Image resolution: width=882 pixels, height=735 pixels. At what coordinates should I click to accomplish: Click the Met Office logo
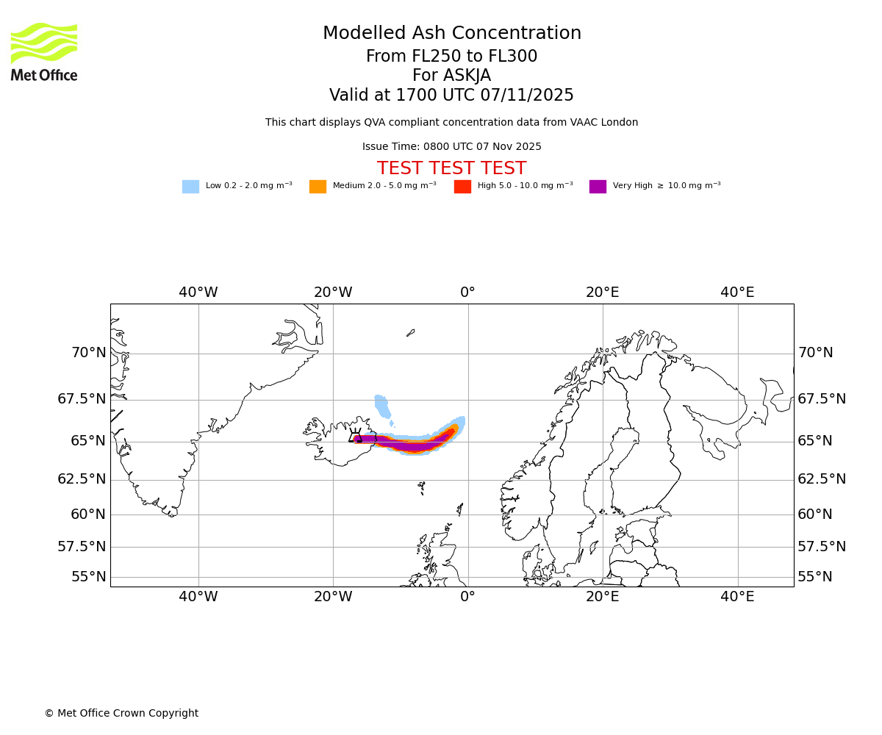(x=44, y=52)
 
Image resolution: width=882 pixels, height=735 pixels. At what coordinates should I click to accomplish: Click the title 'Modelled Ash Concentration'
(x=452, y=34)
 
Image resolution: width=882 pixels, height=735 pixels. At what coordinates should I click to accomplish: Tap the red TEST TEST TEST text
(x=451, y=169)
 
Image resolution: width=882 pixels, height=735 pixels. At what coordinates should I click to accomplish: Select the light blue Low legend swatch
(x=190, y=187)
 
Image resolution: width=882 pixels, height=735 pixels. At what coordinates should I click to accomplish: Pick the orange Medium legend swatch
(x=318, y=187)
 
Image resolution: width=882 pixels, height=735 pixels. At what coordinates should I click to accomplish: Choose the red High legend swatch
(x=462, y=187)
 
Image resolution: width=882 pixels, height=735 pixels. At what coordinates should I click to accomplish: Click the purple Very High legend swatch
(x=598, y=187)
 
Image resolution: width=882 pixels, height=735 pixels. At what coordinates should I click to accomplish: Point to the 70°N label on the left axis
(x=88, y=353)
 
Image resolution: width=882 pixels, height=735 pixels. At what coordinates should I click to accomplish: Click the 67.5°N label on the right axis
(x=822, y=399)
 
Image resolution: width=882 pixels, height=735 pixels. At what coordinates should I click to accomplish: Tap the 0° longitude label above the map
(x=467, y=293)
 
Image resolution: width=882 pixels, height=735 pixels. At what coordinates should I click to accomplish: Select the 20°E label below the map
(x=603, y=597)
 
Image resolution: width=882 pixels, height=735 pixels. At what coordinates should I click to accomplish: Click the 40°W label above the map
(x=198, y=293)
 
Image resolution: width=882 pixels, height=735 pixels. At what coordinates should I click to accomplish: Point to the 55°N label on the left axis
(x=88, y=577)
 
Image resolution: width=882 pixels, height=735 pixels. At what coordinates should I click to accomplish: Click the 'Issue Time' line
(x=451, y=147)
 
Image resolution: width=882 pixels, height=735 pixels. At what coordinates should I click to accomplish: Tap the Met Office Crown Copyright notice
(x=121, y=714)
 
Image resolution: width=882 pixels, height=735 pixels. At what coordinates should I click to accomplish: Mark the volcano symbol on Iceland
(x=356, y=435)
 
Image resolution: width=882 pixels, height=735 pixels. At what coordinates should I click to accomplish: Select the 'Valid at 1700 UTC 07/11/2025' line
(x=451, y=96)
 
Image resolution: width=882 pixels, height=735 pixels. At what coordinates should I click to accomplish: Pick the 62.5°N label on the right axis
(x=822, y=479)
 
